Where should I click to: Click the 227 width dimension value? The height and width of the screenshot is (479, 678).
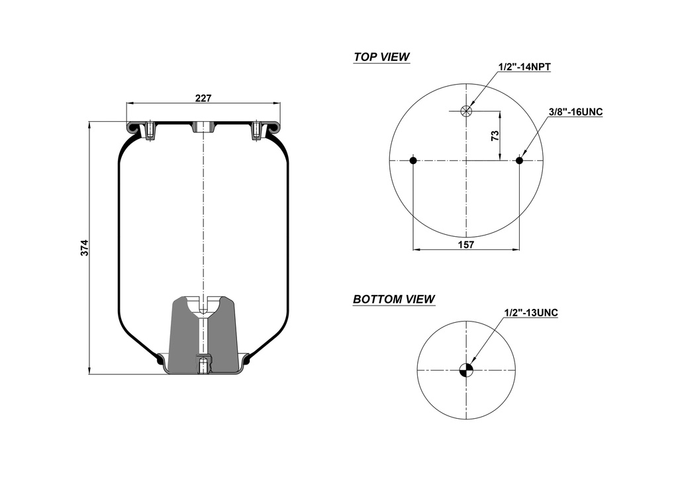[203, 98]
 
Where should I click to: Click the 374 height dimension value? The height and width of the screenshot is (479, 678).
[84, 248]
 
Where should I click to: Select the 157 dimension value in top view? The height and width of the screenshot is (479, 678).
[466, 244]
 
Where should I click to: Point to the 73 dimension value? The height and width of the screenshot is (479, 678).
[495, 136]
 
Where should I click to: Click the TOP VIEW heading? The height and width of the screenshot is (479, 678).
[381, 57]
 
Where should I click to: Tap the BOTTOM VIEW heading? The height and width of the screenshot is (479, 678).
[394, 299]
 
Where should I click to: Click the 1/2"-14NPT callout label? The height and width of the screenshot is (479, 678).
[525, 66]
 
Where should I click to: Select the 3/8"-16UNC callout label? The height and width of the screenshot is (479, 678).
[575, 112]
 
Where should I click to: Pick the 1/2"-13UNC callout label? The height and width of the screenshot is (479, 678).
[530, 312]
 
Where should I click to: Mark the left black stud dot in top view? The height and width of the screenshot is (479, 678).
[413, 160]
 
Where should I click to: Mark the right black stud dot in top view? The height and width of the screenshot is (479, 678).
[519, 160]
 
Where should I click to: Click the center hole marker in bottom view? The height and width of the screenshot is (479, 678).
[467, 370]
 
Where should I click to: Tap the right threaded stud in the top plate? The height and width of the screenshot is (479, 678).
[256, 131]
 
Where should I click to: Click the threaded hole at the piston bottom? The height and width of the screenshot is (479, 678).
[203, 365]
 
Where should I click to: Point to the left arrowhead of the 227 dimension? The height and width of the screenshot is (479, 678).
[129, 103]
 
